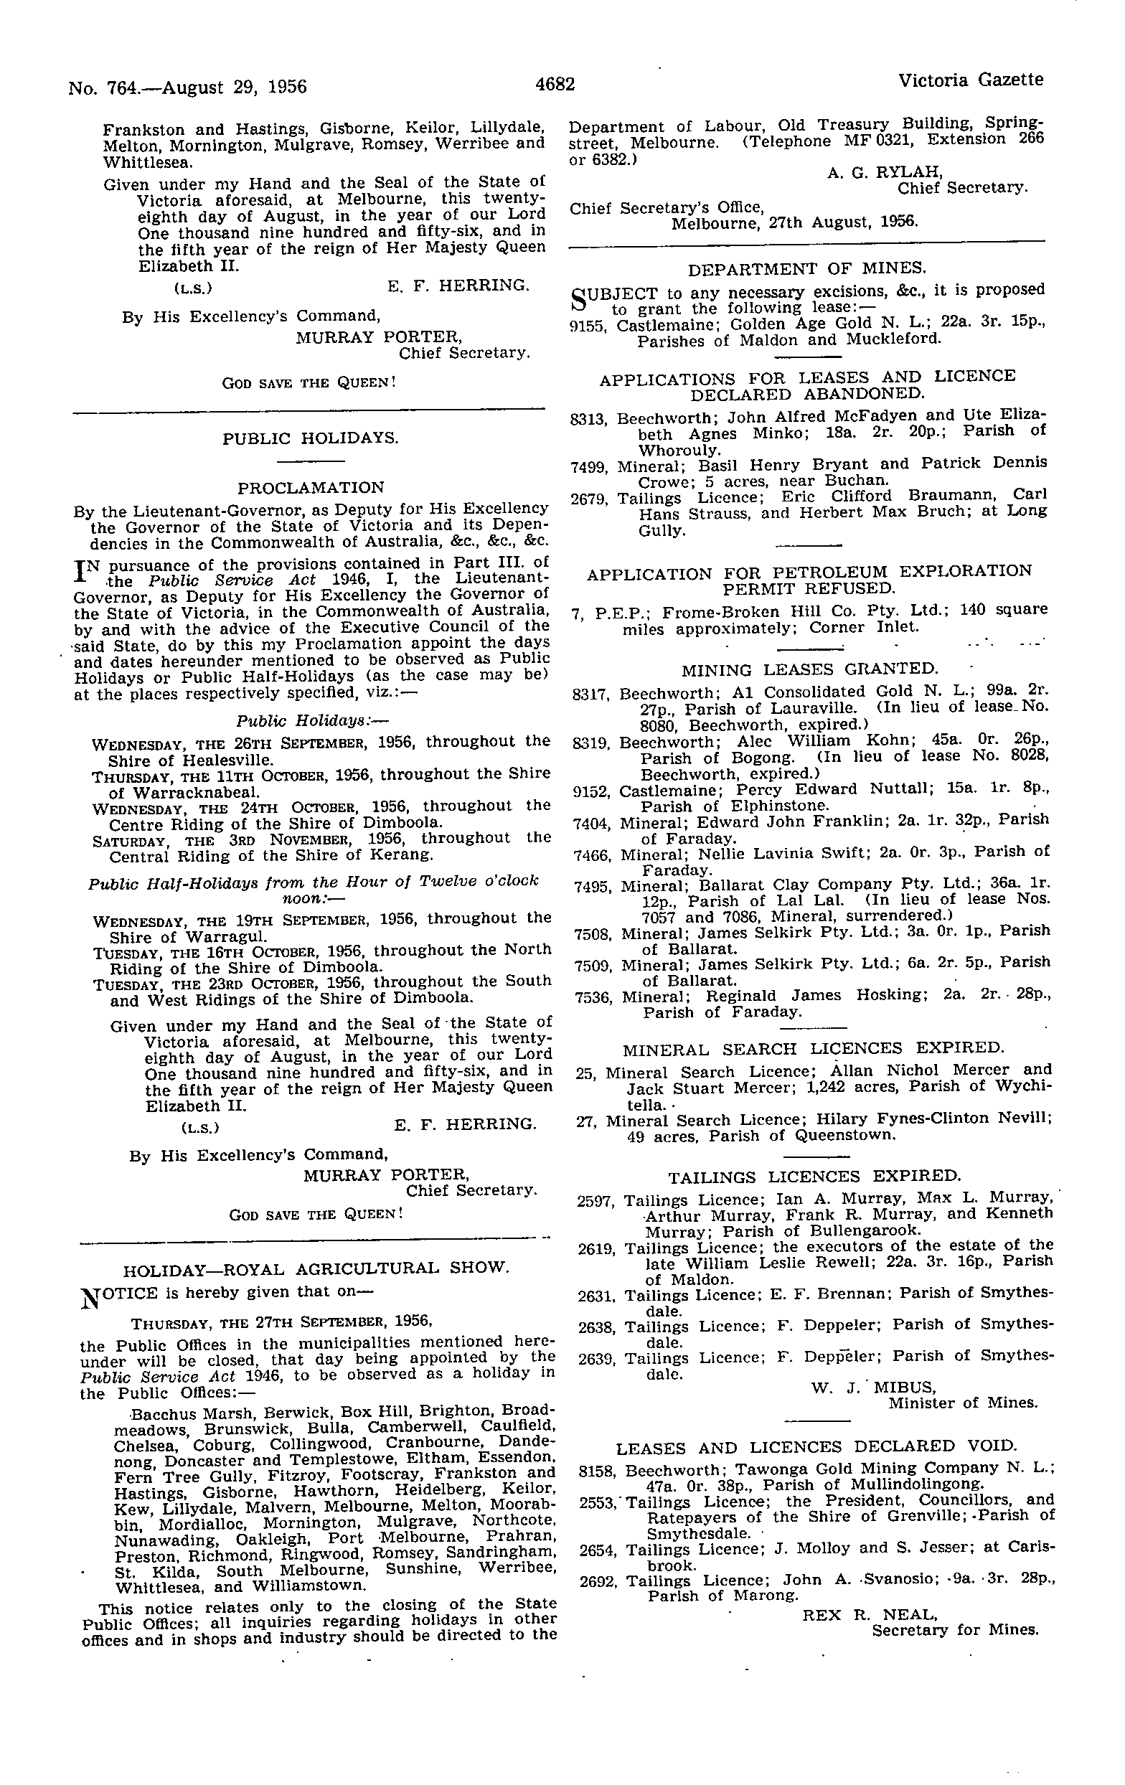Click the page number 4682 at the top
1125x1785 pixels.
click(x=555, y=85)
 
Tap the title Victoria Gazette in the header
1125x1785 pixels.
click(x=970, y=80)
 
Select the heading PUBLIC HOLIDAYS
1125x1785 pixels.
click(x=311, y=438)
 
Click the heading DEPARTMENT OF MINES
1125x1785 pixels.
click(x=807, y=268)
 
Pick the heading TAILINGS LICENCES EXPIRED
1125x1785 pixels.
click(x=814, y=1177)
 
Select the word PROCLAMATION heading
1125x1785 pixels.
click(x=311, y=488)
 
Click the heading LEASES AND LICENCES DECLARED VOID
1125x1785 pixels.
click(x=816, y=1446)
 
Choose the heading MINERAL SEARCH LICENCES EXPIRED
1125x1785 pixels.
click(x=813, y=1049)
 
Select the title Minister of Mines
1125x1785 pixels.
click(x=963, y=1403)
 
